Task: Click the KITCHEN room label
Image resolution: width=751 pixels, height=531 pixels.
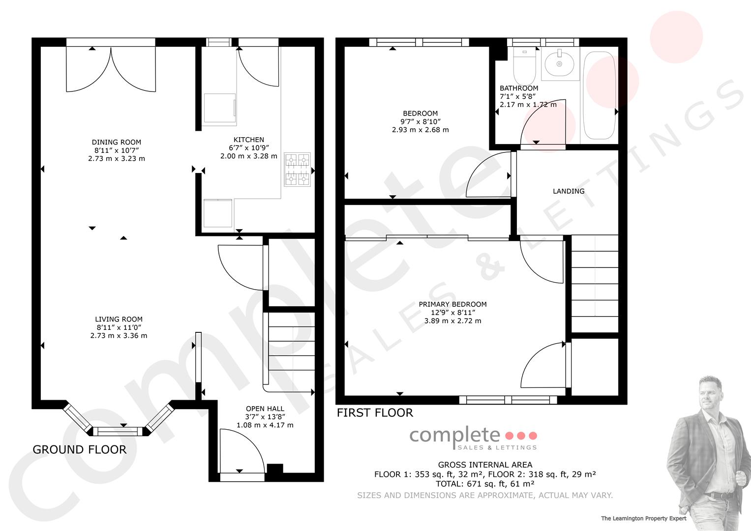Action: (249, 140)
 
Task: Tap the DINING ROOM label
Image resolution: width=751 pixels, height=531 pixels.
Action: (117, 142)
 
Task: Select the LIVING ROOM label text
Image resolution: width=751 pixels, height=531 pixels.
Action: (119, 319)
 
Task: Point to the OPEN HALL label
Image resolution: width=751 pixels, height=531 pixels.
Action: (265, 409)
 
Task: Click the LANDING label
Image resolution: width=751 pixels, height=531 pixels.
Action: (569, 191)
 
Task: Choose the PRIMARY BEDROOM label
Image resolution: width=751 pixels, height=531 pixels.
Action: (452, 304)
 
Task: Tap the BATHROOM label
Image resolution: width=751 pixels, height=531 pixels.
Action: (519, 88)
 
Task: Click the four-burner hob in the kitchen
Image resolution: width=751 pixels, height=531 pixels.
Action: (298, 169)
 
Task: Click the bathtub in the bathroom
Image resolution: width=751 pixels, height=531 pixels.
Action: (600, 95)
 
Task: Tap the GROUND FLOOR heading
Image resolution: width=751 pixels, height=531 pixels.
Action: (80, 449)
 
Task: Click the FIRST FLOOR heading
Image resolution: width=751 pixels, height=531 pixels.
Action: (375, 413)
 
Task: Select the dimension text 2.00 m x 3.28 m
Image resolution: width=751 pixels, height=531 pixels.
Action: (249, 156)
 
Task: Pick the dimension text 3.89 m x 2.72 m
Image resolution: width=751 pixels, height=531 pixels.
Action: (452, 321)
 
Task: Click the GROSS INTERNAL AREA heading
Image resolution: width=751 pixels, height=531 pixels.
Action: (485, 465)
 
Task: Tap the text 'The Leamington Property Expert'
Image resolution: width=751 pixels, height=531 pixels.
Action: (644, 518)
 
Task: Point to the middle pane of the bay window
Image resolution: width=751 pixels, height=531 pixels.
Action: (118, 432)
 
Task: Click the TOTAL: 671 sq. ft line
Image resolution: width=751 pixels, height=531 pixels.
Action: (485, 484)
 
